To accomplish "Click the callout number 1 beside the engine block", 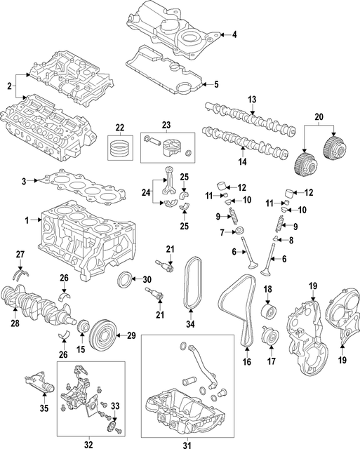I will coord(27,220).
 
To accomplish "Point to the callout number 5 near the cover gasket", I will coord(216,84).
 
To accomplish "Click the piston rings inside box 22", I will coord(119,148).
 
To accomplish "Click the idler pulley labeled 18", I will coord(267,311).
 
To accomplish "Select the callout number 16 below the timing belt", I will coord(246,362).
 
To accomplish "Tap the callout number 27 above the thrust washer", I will coord(20,253).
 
